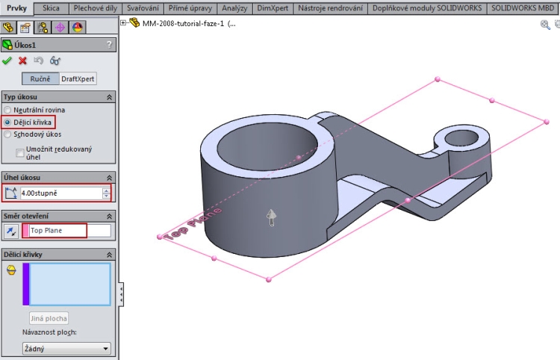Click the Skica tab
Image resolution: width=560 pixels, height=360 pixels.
[52, 7]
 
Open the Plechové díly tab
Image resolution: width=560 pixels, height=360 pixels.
[96, 7]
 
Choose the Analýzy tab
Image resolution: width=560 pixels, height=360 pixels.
[234, 7]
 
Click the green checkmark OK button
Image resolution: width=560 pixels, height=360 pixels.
[7, 60]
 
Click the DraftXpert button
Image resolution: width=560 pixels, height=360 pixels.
[78, 78]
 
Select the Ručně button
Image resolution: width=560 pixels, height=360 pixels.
[40, 78]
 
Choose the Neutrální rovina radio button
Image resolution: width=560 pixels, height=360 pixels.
[8, 110]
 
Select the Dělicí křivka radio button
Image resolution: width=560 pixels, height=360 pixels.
[8, 122]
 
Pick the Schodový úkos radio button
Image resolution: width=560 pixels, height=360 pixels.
[8, 134]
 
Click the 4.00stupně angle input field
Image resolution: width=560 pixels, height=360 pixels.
[60, 193]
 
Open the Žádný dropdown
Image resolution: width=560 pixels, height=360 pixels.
[66, 348]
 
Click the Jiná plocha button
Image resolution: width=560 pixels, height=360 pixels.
[49, 318]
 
